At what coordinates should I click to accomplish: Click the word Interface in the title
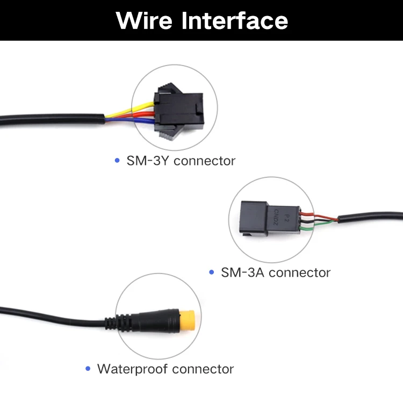235,20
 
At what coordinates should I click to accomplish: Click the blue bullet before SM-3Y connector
117,160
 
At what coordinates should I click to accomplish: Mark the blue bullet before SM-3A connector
212,272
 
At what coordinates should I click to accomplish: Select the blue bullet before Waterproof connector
88,369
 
